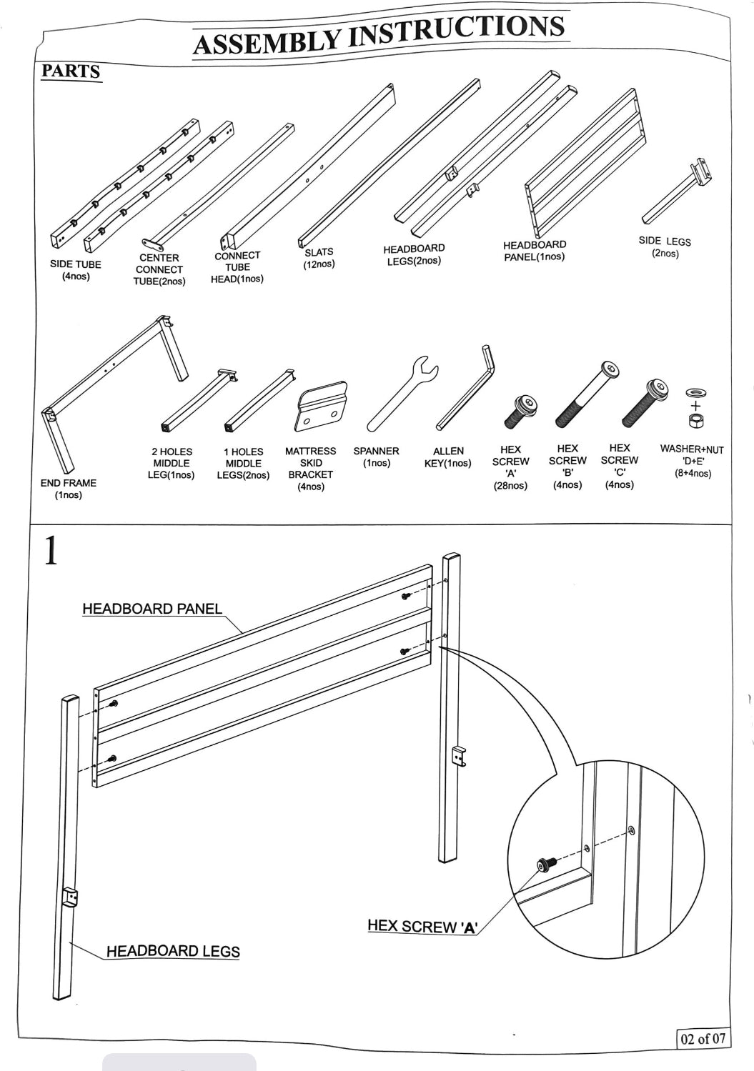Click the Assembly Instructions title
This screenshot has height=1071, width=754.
(379, 34)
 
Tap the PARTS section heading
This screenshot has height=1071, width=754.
(70, 71)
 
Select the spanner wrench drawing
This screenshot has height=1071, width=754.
(402, 394)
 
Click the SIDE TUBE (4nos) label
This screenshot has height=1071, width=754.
(75, 270)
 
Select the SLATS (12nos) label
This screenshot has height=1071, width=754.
(319, 258)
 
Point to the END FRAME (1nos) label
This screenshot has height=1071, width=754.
(68, 489)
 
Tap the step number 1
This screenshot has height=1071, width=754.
(51, 552)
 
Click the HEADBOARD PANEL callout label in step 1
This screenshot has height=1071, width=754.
(152, 609)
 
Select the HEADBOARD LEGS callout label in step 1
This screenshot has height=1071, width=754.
(173, 951)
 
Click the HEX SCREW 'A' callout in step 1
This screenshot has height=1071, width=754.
(422, 926)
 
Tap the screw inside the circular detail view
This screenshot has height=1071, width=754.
(547, 865)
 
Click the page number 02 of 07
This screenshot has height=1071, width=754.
(703, 1038)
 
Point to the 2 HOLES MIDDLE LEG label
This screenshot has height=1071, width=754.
(172, 463)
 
